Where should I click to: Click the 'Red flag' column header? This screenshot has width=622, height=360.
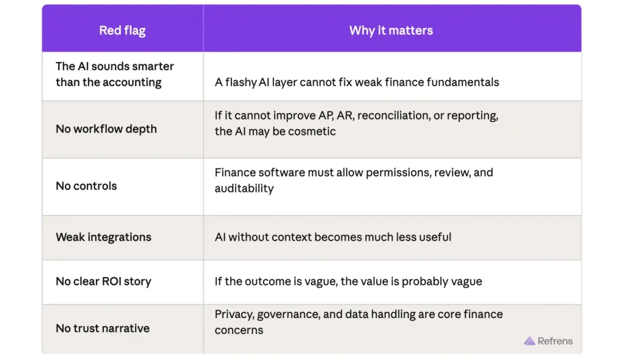tap(122, 31)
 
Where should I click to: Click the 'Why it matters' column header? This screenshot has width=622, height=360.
tap(391, 31)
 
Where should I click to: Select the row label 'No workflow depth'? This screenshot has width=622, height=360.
tap(106, 129)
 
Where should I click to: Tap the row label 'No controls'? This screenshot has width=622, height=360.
tap(86, 186)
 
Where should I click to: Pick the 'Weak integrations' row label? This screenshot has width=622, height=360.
tap(103, 237)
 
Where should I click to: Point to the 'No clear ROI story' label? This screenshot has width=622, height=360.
tap(103, 282)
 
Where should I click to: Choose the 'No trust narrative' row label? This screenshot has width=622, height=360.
tap(103, 328)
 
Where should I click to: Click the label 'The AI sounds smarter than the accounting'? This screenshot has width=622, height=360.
tap(115, 75)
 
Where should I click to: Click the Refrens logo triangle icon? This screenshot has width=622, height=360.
tap(530, 341)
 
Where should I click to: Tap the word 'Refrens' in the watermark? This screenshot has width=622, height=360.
tap(555, 341)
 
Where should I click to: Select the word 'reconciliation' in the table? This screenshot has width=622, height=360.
tap(389, 116)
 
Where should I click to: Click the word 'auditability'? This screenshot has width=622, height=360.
tap(244, 189)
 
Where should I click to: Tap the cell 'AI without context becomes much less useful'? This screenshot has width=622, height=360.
tap(333, 237)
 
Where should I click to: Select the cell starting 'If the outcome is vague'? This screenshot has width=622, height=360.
tap(348, 282)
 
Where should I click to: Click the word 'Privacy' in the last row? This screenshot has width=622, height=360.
tap(234, 314)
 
